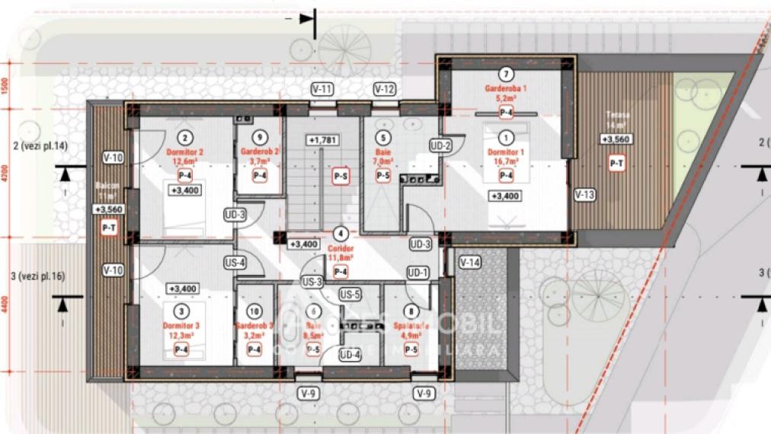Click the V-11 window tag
323,89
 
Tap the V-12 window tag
385,89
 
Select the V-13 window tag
585,193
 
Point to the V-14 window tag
470,262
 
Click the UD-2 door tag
441,145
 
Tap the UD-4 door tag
350,354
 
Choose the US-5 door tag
350,294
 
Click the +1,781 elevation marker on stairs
323,140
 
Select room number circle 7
505,75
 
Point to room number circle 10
254,311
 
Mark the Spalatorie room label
411,328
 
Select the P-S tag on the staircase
341,176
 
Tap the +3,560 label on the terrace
616,139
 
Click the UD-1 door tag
417,272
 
